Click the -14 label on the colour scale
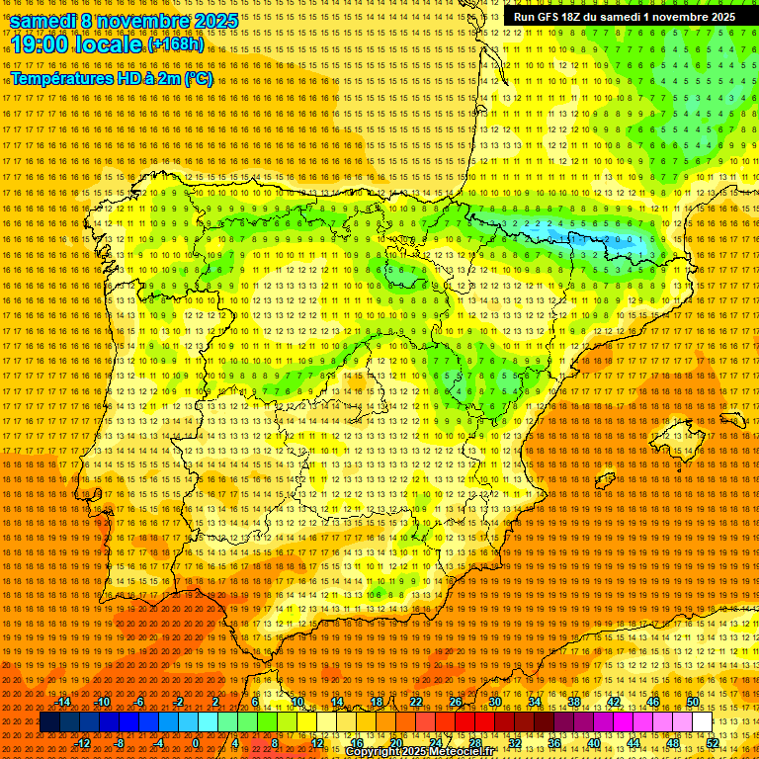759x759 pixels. (x=64, y=703)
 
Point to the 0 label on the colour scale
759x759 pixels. (x=197, y=743)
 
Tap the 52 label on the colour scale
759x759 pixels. (x=712, y=743)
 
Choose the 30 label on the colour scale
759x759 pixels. (x=494, y=703)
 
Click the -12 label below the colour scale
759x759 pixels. (x=83, y=743)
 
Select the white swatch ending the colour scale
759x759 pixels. (x=702, y=722)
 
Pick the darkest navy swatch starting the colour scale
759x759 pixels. (x=49, y=722)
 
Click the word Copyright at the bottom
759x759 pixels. (x=374, y=752)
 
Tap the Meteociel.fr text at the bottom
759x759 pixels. (x=475, y=752)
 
